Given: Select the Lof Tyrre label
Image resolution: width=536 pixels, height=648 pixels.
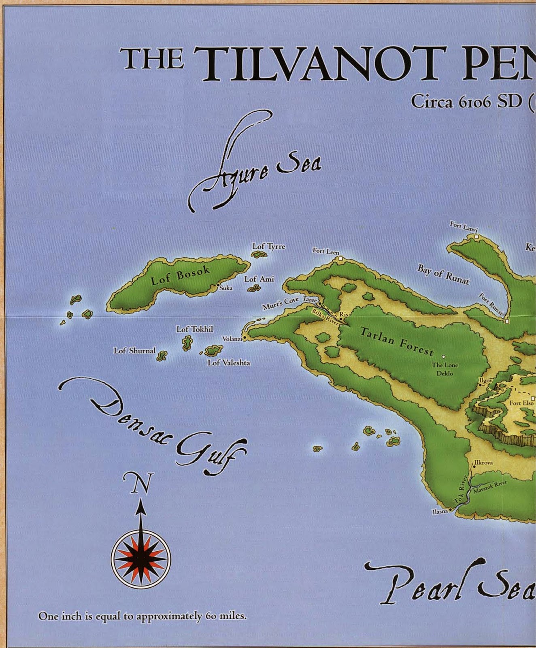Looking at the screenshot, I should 268,246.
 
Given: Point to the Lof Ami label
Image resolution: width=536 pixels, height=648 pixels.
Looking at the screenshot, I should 259,279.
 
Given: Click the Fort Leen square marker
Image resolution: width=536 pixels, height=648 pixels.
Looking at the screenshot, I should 340,258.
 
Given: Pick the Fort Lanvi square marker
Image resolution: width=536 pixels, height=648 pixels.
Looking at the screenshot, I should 476,237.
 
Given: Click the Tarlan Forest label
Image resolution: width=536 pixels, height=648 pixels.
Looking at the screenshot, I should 397,341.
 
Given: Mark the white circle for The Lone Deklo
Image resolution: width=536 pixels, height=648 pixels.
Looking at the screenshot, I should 443,356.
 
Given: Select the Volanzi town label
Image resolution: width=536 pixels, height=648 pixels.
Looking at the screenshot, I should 232,339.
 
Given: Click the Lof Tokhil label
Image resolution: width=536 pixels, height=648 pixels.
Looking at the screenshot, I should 194,329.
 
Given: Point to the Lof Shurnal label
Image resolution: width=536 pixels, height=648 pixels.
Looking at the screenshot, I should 134,350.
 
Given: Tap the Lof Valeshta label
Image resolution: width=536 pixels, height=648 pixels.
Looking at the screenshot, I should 229,363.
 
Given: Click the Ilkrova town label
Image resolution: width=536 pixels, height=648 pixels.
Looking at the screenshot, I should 483,463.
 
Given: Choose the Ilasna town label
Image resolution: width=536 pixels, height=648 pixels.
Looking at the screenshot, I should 440,512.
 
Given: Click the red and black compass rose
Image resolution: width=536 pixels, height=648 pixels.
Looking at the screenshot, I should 141,559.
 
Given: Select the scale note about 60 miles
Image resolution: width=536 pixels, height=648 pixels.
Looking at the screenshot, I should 142,616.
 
